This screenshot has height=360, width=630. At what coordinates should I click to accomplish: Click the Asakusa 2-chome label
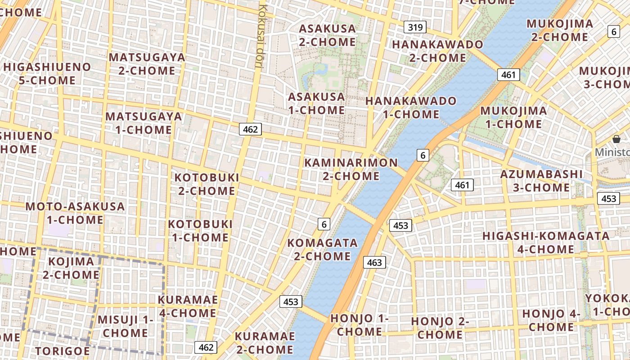point(327,35)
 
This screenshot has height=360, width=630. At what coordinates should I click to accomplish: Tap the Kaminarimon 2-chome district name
point(351,169)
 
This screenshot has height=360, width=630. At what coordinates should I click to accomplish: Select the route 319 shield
point(414,27)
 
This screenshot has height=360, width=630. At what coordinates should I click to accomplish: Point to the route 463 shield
point(374,262)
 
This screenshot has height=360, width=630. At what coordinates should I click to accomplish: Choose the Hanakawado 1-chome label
point(410,108)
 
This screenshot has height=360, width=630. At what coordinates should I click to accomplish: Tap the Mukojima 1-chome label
point(513,117)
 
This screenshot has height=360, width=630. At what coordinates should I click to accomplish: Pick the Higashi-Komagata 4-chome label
point(546,242)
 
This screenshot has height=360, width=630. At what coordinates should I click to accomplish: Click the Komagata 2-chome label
point(322,249)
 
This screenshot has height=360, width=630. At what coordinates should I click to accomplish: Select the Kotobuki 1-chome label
point(200,230)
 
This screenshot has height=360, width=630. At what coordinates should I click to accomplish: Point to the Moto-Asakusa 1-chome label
point(75,213)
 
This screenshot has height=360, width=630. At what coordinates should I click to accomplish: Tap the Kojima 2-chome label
point(71,268)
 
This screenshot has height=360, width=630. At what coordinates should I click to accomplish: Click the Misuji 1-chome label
point(126,326)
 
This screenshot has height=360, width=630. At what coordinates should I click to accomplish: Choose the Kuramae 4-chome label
point(188,306)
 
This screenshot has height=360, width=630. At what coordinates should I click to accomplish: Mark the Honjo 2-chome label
point(440,328)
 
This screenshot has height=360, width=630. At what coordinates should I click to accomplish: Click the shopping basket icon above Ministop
point(616,139)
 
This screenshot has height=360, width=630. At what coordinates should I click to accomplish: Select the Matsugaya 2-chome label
point(147,64)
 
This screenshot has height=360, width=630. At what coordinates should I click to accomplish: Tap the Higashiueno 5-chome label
point(47,74)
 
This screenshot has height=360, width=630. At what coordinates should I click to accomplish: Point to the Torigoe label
point(62,351)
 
